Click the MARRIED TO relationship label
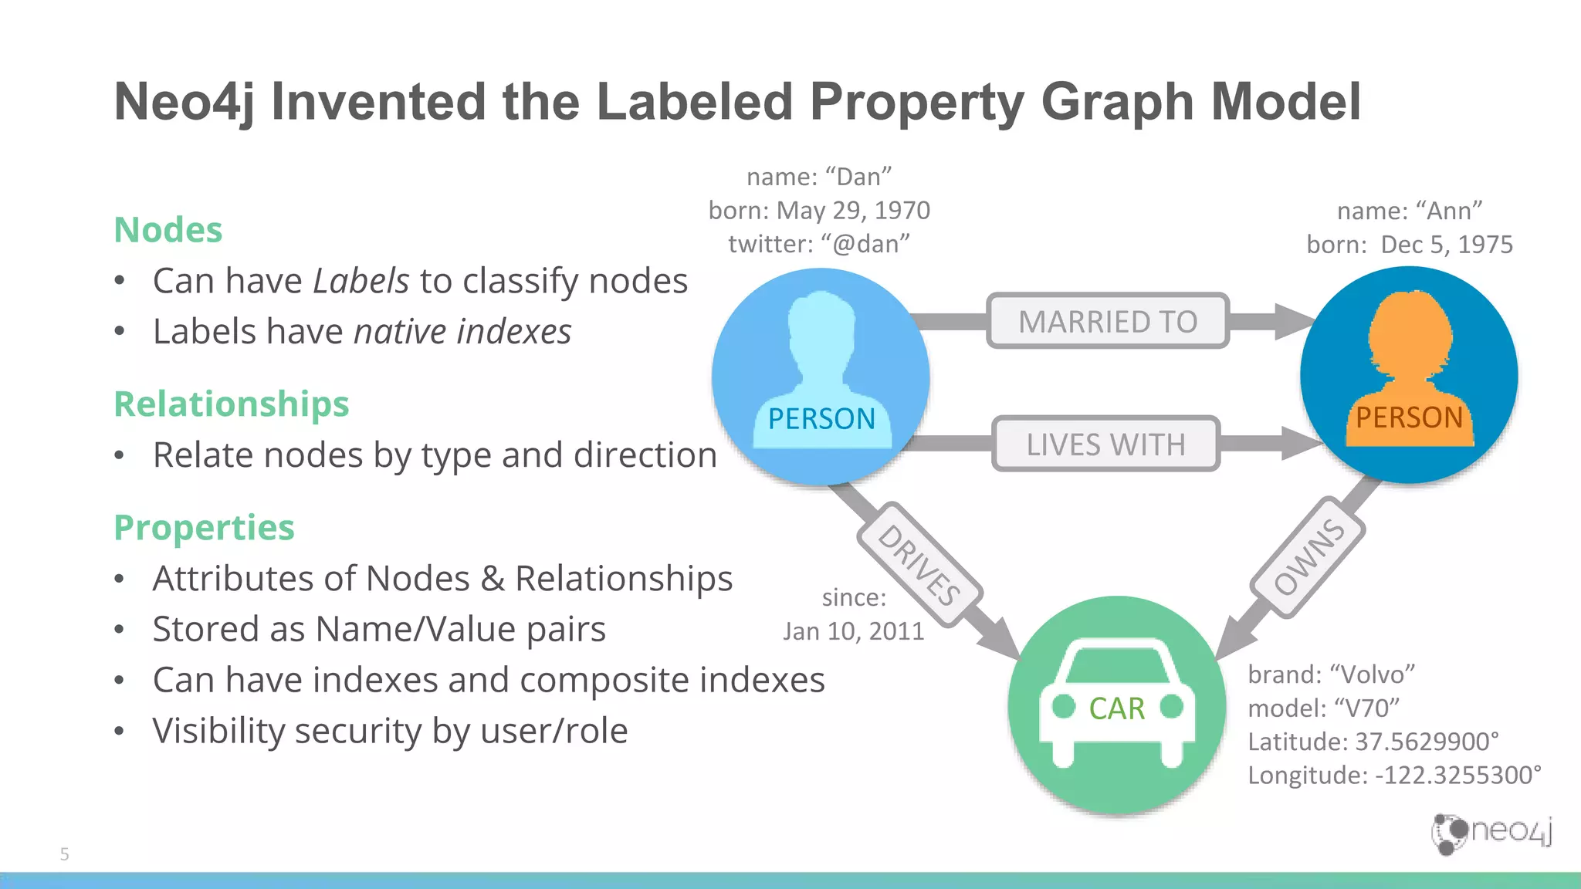pyautogui.click(x=1107, y=321)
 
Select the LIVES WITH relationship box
pyautogui.click(x=1105, y=444)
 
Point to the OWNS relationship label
pyautogui.click(x=1308, y=557)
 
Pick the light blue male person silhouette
pyautogui.click(x=821, y=347)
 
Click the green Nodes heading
pyautogui.click(x=168, y=230)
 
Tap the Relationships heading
pyautogui.click(x=232, y=404)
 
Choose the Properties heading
pyautogui.click(x=205, y=528)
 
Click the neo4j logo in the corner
pyautogui.click(x=1491, y=833)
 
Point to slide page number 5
pyautogui.click(x=65, y=854)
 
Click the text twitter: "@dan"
pyautogui.click(x=819, y=244)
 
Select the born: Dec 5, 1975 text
pyautogui.click(x=1410, y=245)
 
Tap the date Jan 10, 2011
pyautogui.click(x=854, y=631)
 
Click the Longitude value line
pyautogui.click(x=1394, y=775)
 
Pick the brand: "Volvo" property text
pyautogui.click(x=1331, y=674)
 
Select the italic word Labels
pyautogui.click(x=361, y=281)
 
